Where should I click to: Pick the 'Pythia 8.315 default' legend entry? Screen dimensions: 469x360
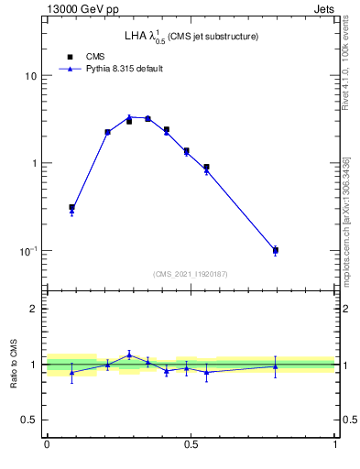tap(111, 69)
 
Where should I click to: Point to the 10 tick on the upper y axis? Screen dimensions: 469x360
tap(30, 76)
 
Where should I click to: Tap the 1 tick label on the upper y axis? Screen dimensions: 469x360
tap(33, 163)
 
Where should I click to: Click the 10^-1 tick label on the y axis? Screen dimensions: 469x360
tap(27, 250)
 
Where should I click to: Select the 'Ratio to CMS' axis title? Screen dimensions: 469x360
tap(15, 365)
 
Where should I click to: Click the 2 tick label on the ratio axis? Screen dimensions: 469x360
tap(33, 310)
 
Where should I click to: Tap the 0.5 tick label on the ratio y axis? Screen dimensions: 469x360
tap(27, 420)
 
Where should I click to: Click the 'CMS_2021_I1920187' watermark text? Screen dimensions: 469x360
tap(191, 273)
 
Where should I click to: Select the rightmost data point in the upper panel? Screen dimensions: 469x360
tap(275, 250)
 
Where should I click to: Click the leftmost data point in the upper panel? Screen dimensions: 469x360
tap(71, 208)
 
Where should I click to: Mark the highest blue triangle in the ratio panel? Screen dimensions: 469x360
tap(129, 354)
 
